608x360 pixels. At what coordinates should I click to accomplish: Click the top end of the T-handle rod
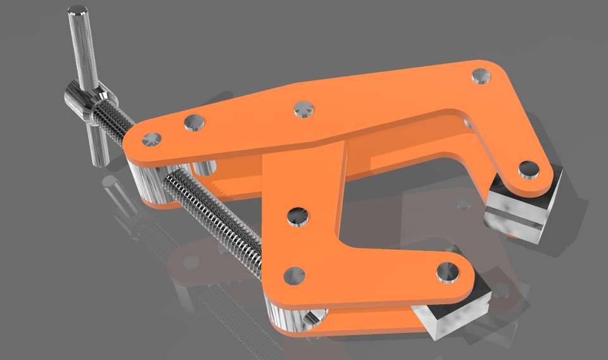pos(77,11)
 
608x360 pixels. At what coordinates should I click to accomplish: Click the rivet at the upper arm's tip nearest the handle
pos(152,138)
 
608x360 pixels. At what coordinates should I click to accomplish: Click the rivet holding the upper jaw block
pos(528,170)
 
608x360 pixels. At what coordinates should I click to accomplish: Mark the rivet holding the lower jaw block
pos(449,271)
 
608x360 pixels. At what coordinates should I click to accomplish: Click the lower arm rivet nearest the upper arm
pos(297,217)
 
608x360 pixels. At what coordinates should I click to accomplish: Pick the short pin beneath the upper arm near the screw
pos(205,168)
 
